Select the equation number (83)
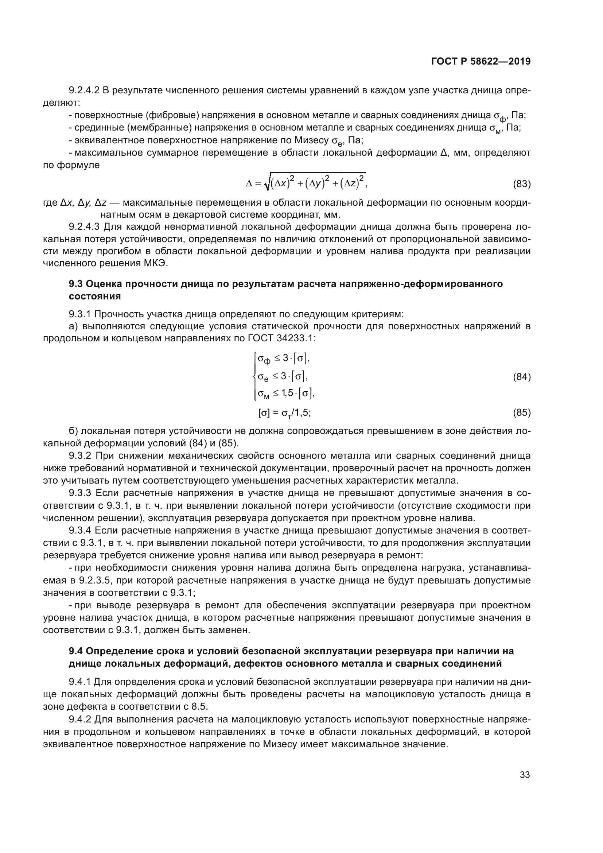[x=521, y=184]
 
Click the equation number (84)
[x=521, y=377]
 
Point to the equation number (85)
[x=521, y=412]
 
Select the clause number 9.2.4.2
[x=84, y=90]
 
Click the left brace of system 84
[x=254, y=377]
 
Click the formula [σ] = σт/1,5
[x=284, y=412]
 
